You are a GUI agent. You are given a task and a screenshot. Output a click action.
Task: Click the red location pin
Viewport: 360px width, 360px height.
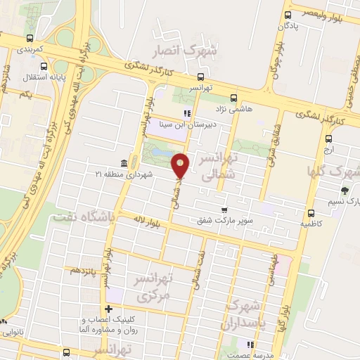click(181, 165)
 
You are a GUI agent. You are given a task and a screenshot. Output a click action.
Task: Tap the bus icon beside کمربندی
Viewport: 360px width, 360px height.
click(29, 39)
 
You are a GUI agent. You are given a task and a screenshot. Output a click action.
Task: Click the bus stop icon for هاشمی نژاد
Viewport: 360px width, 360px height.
click(234, 98)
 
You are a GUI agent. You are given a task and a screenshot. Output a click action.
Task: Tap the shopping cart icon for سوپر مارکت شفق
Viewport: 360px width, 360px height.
click(224, 210)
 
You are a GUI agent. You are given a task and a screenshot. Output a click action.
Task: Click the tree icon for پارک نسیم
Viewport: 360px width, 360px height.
click(345, 190)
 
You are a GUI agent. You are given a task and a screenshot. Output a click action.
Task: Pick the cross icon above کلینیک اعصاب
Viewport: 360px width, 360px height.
click(108, 309)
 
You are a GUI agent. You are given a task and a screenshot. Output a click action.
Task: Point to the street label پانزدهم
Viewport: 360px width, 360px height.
click(81, 270)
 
